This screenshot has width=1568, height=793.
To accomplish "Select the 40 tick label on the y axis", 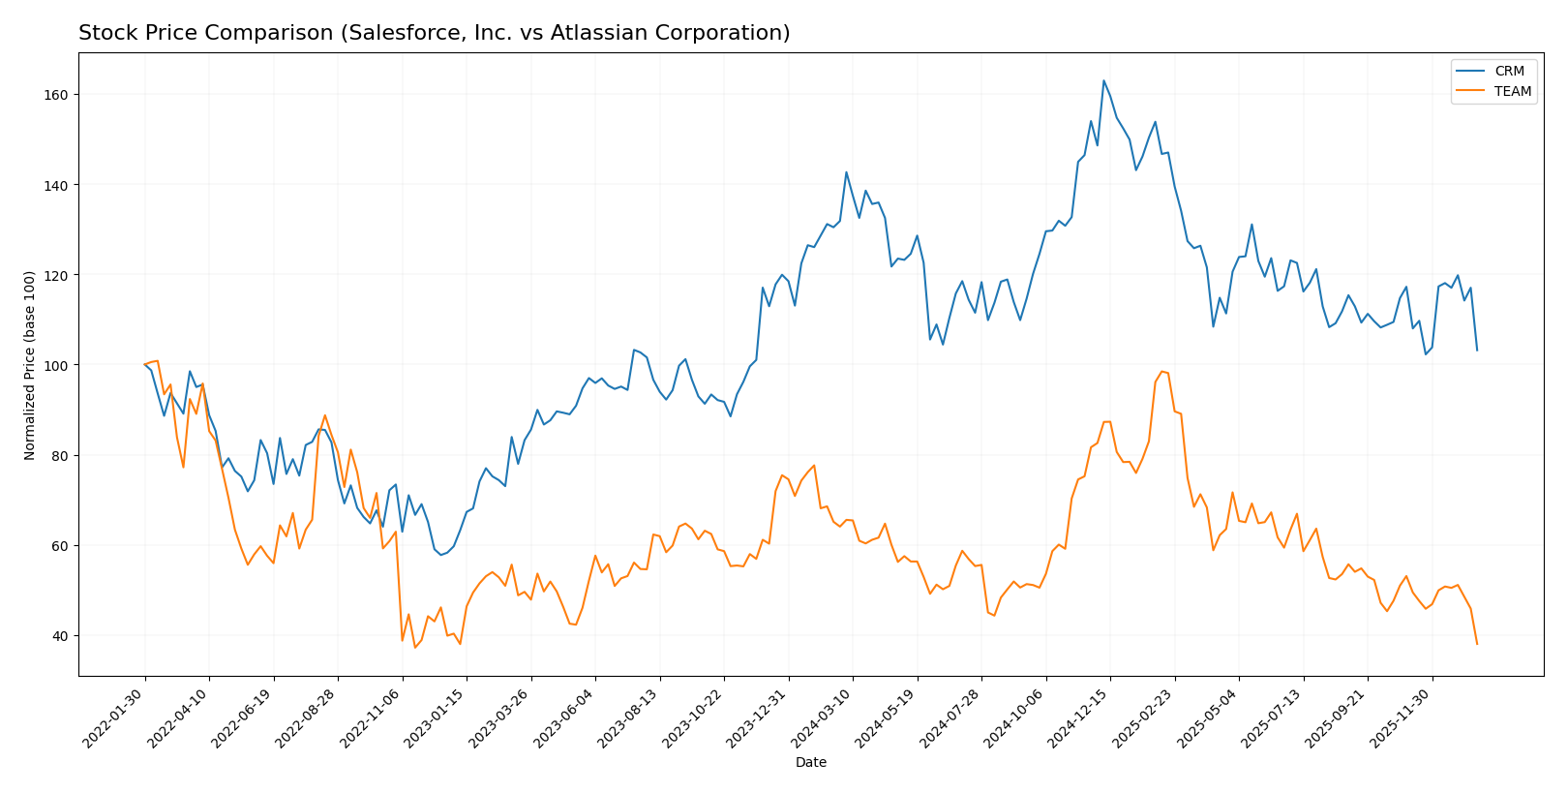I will click(59, 636).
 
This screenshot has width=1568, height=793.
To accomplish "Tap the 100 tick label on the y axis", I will click(55, 365).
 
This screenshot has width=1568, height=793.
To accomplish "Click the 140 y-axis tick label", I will click(55, 185).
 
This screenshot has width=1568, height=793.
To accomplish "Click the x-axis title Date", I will click(811, 763).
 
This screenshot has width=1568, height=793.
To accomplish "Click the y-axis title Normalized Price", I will click(30, 365).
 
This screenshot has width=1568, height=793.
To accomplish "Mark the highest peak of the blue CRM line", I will click(1103, 80).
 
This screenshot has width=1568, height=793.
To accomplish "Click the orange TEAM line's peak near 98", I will click(1161, 372).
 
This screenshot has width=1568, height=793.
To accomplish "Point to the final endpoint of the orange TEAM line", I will click(1477, 644).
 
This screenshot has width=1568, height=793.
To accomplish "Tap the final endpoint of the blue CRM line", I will click(1477, 351).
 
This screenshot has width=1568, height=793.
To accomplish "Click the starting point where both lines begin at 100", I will click(145, 365).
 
